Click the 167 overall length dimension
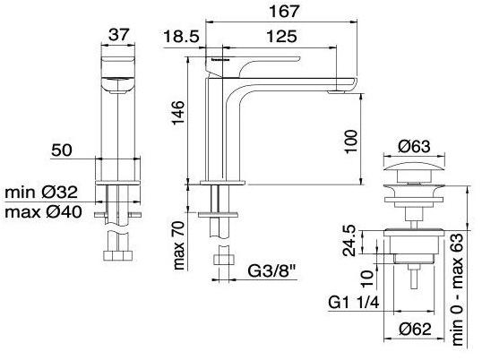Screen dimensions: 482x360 point(283,12)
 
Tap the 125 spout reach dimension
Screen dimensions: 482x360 point(281,36)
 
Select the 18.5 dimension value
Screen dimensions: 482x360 point(181,37)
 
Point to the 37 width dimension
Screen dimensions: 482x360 point(118,34)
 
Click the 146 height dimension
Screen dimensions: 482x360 point(178,113)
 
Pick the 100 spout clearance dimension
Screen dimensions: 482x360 point(351,141)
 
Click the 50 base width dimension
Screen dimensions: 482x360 point(62,150)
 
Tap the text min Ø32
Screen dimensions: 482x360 point(41,193)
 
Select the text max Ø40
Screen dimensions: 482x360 point(43,212)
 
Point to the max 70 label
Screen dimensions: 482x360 point(178,245)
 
